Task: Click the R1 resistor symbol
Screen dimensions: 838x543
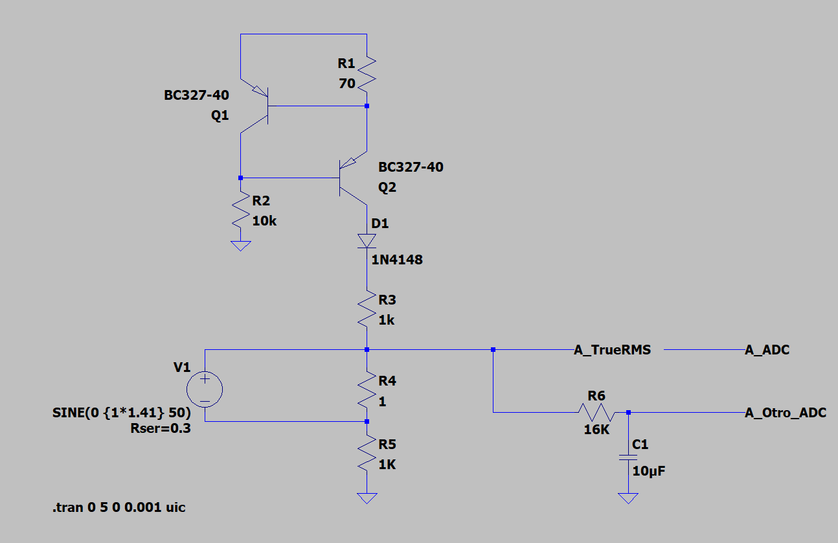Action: click(367, 74)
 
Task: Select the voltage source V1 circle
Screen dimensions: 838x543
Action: click(205, 389)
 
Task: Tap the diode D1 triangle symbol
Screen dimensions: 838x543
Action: click(367, 241)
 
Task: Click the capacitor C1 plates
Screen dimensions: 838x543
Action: click(628, 457)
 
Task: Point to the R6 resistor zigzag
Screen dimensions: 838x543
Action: click(596, 412)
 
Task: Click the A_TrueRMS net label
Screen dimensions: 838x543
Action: click(613, 350)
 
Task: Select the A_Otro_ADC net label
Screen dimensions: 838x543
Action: click(786, 413)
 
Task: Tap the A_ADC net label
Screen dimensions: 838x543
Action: click(767, 350)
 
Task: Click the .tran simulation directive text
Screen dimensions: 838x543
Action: click(119, 507)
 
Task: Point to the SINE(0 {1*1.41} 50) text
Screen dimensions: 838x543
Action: click(122, 413)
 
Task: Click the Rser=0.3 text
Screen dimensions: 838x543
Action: click(161, 428)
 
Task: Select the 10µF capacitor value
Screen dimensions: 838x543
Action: click(649, 471)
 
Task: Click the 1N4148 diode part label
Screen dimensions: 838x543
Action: click(397, 260)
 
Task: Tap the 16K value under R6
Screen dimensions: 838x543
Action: click(596, 430)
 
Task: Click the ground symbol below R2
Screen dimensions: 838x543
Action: click(240, 246)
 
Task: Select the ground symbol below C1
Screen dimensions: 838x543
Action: click(628, 498)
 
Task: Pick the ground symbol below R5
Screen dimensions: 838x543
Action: click(367, 498)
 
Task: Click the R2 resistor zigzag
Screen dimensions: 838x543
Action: click(240, 209)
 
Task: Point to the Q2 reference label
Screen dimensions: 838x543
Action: click(387, 187)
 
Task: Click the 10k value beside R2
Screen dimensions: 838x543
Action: click(264, 221)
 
